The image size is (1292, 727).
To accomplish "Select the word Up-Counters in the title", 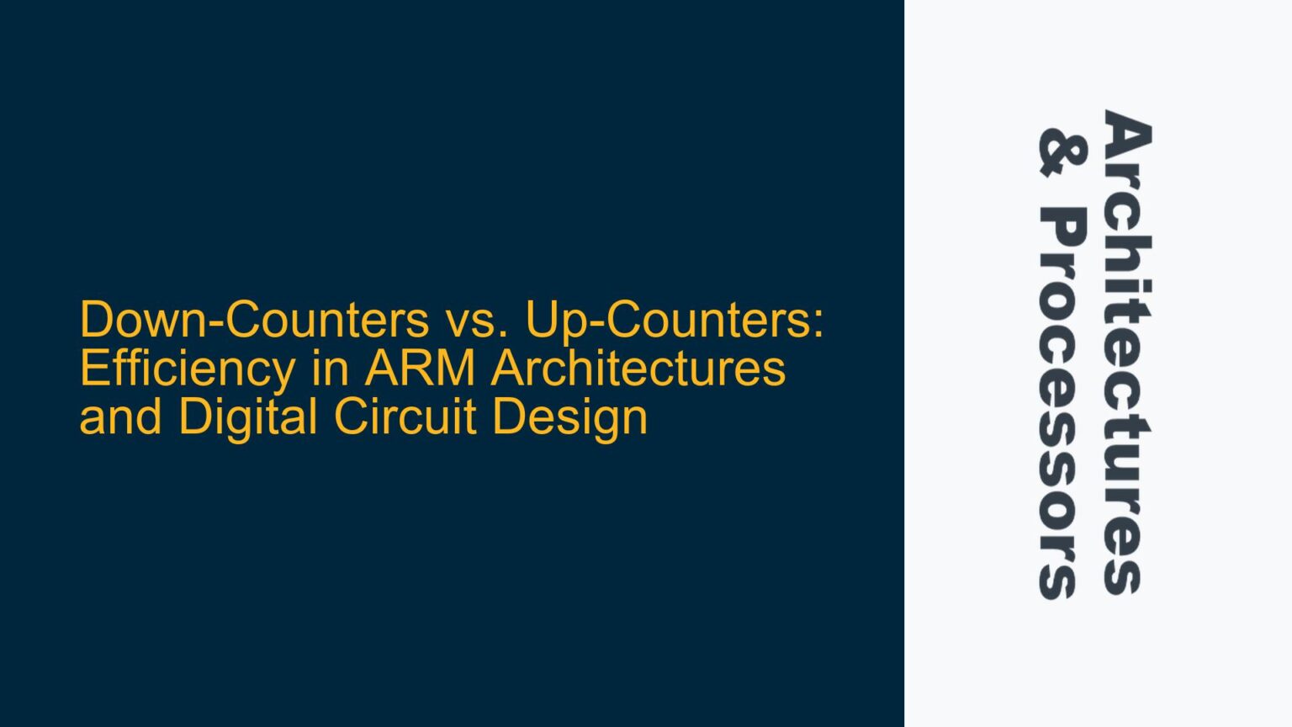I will [x=670, y=320].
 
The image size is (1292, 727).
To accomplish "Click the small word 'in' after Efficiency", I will [x=329, y=369].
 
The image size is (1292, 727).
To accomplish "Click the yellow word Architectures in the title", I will [x=638, y=369].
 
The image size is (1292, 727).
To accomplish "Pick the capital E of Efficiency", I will [x=93, y=369].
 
